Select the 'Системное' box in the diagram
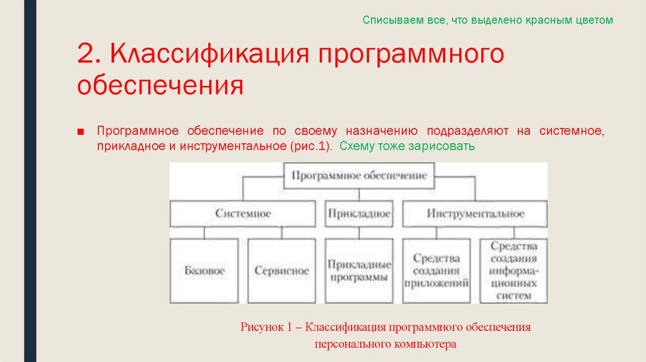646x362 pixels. (243, 214)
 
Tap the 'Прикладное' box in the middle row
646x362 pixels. (359, 214)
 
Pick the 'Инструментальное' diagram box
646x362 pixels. (475, 214)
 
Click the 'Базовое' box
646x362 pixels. (204, 271)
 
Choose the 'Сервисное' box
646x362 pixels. (282, 271)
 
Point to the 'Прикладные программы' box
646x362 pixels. (359, 271)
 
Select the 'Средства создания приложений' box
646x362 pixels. (436, 271)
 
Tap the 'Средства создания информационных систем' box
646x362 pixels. (514, 271)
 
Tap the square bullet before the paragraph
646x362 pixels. (81, 131)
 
